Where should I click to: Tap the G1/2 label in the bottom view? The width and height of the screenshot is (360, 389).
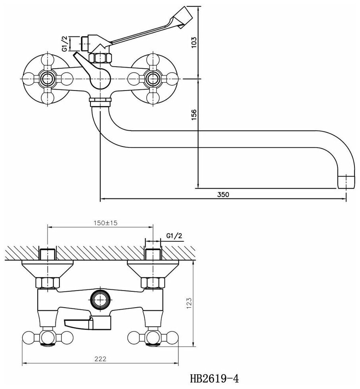coord(174,235)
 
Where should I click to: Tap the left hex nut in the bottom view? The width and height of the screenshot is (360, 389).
coord(47,283)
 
